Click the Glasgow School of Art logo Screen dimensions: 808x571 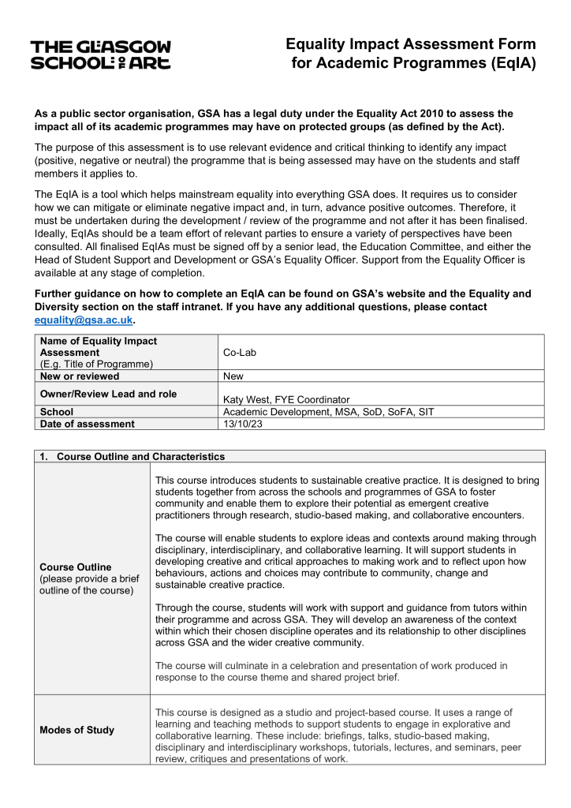pyautogui.click(x=100, y=54)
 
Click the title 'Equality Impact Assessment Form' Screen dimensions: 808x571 pyautogui.click(x=410, y=45)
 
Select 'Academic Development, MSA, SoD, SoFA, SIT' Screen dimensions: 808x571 pyautogui.click(x=328, y=412)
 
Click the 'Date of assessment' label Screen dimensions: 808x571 pyautogui.click(x=87, y=424)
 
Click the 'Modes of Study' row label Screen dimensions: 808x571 pyautogui.click(x=77, y=730)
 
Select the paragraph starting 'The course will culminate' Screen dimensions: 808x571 pyautogui.click(x=331, y=671)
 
